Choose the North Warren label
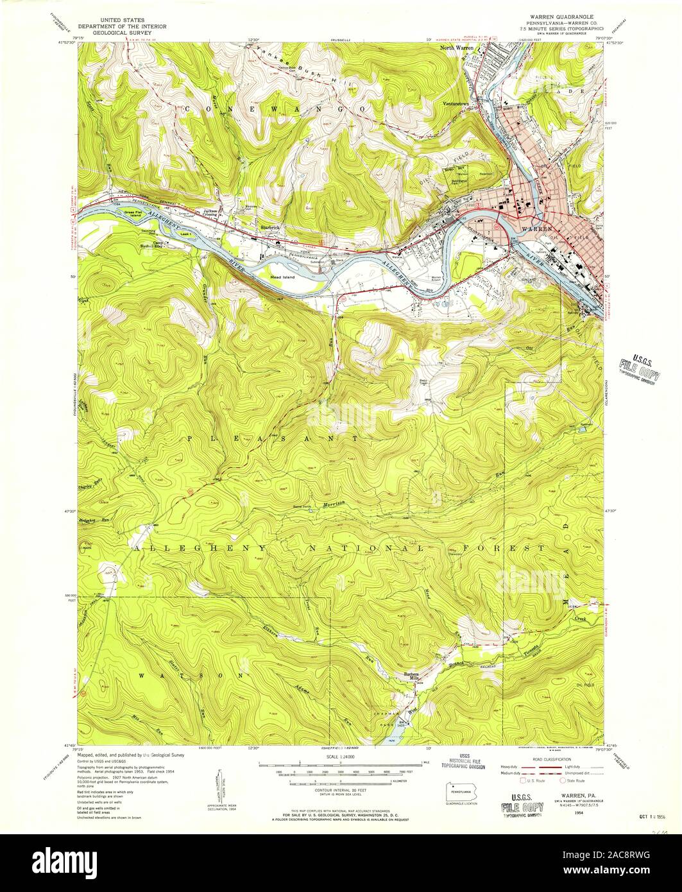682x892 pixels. point(457,48)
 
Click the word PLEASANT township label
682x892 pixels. point(275,438)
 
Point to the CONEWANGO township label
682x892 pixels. point(276,110)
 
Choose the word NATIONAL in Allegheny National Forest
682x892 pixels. point(364,549)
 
